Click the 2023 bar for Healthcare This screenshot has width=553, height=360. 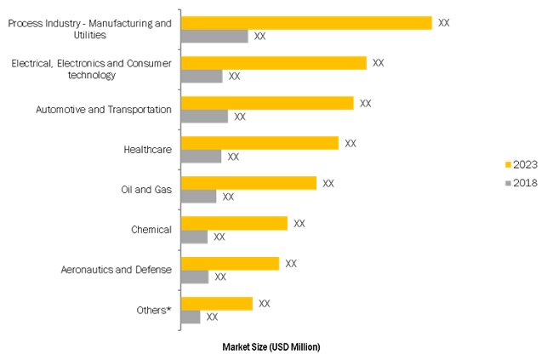click(x=259, y=143)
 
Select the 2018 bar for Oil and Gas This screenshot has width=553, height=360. click(x=199, y=197)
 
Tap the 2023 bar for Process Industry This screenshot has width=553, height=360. click(x=306, y=23)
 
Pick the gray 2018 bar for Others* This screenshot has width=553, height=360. click(x=191, y=317)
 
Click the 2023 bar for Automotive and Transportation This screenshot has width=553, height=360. click(x=267, y=103)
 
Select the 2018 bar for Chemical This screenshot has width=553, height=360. click(x=195, y=237)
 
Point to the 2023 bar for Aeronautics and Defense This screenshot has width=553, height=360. click(x=230, y=263)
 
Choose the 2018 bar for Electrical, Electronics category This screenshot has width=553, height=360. click(x=202, y=76)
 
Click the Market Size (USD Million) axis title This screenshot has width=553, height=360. click(x=271, y=347)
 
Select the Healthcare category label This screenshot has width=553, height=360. click(x=147, y=150)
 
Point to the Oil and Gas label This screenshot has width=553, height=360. click(x=146, y=190)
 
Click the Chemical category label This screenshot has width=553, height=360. click(x=151, y=230)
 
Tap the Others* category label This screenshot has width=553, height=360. click(x=154, y=310)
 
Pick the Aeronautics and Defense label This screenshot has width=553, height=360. click(x=117, y=270)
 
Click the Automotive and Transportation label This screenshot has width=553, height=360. click(x=104, y=110)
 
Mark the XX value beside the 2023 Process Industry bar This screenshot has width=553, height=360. click(x=443, y=23)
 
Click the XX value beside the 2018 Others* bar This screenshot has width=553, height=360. click(x=212, y=317)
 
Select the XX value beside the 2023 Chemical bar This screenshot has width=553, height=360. click(x=299, y=223)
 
